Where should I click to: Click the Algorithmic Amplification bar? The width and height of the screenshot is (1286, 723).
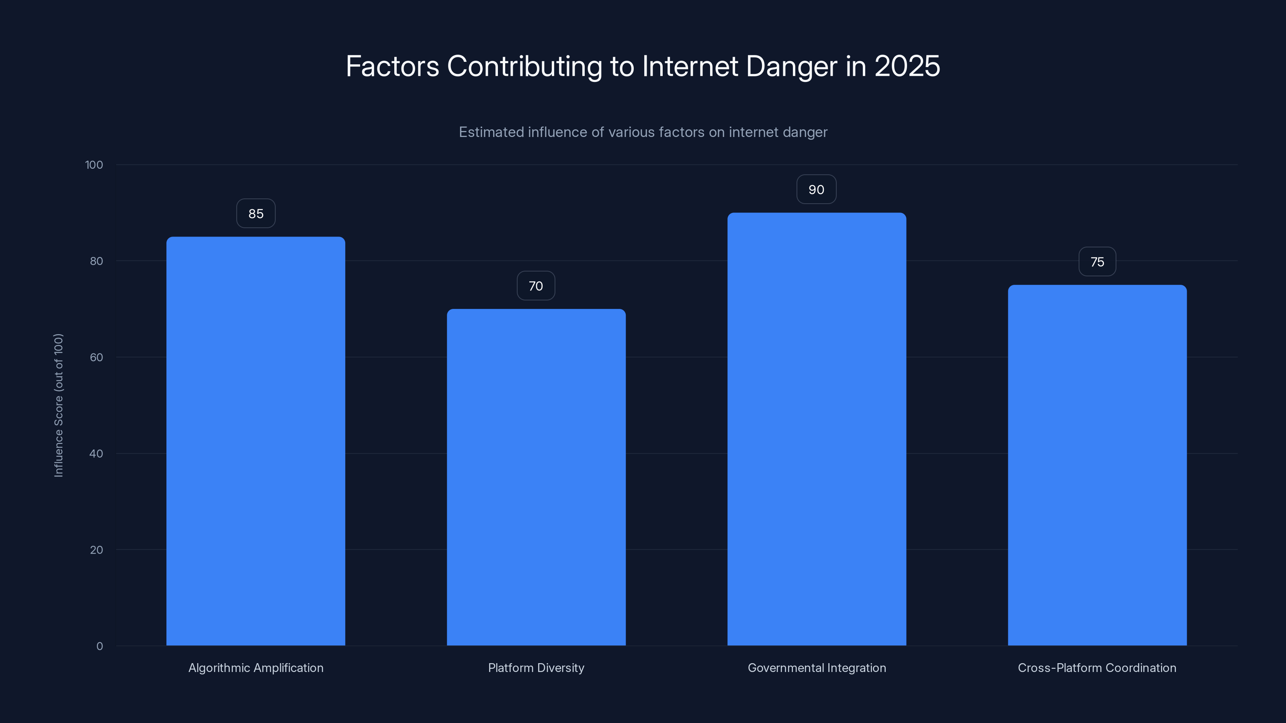pos(256,441)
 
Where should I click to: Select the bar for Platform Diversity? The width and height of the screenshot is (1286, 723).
pos(536,477)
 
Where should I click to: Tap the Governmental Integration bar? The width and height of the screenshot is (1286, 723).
pos(816,429)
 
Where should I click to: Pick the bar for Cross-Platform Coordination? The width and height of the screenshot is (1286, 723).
pos(1097,465)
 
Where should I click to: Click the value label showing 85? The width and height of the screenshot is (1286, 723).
pos(256,214)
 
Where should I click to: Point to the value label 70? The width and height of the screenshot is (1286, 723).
pos(536,286)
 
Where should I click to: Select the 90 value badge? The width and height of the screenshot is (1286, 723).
pos(816,190)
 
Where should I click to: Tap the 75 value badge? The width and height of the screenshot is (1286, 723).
pos(1097,262)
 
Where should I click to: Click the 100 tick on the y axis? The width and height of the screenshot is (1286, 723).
pos(94,165)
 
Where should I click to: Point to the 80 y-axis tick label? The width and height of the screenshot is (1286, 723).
pos(96,261)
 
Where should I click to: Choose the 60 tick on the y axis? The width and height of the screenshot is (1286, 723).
pos(96,357)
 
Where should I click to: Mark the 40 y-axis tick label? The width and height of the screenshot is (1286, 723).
pos(96,453)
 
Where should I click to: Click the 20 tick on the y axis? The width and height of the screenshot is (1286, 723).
pos(96,550)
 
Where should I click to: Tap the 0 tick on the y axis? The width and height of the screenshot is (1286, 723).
pos(99,646)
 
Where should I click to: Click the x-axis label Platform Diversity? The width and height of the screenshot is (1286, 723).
pos(536,668)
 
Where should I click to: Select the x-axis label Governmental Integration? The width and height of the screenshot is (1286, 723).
pos(817,668)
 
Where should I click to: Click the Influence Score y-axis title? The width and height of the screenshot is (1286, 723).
pos(58,405)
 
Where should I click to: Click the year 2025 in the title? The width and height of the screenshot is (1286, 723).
pos(907,66)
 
